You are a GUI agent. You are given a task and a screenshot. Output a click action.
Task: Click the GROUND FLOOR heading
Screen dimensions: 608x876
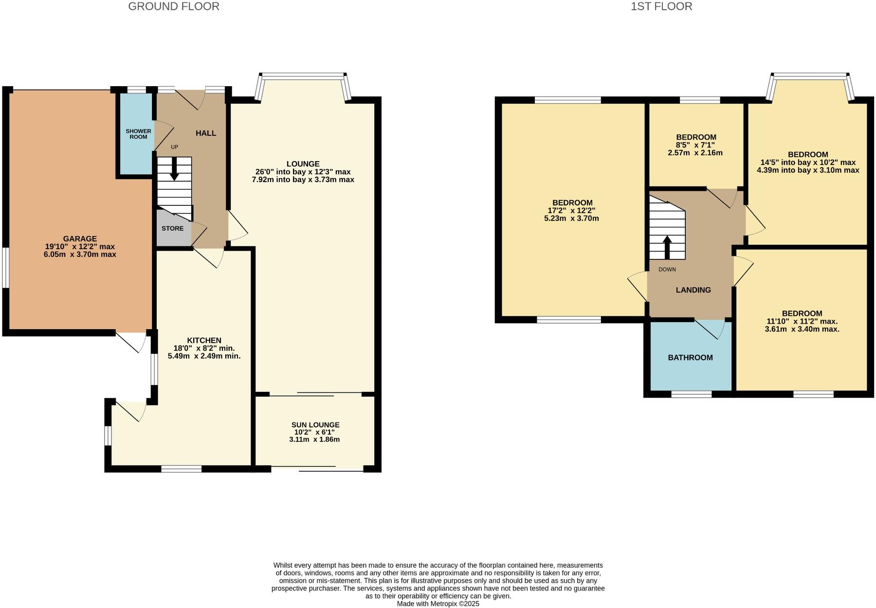(174, 6)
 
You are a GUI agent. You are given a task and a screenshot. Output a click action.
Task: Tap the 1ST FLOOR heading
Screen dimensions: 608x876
(661, 6)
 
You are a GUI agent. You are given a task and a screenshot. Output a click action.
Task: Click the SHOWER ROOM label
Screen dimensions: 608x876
(138, 134)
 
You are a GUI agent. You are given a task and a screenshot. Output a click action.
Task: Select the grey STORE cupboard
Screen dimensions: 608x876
(173, 228)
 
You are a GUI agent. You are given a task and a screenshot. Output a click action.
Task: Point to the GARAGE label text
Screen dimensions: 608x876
(80, 239)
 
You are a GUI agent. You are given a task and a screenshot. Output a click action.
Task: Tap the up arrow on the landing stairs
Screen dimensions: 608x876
(667, 246)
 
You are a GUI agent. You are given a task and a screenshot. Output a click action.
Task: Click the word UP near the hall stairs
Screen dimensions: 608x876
(174, 147)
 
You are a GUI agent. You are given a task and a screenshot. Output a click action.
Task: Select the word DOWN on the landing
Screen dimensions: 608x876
(667, 269)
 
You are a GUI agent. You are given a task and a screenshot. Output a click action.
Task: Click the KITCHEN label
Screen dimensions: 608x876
(204, 340)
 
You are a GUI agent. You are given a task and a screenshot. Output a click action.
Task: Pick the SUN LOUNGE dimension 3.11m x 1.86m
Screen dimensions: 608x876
(314, 439)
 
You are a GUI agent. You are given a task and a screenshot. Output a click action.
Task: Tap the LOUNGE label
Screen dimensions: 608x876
(303, 164)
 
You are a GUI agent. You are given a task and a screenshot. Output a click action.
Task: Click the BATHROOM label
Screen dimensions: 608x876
(690, 357)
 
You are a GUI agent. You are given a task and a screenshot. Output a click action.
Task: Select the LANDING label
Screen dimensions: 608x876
(693, 290)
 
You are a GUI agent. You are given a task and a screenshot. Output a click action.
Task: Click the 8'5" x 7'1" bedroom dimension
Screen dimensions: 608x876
(695, 145)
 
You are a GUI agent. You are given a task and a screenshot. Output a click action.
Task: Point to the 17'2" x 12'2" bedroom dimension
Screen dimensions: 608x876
(571, 211)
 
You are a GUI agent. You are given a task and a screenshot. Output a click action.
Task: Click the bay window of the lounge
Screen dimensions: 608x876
(303, 75)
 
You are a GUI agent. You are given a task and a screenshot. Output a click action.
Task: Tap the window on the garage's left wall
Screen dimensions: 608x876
(5, 268)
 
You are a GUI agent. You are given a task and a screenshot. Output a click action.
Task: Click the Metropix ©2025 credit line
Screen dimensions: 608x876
(438, 604)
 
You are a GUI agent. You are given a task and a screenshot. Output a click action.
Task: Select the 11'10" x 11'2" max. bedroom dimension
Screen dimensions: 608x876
(802, 321)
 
